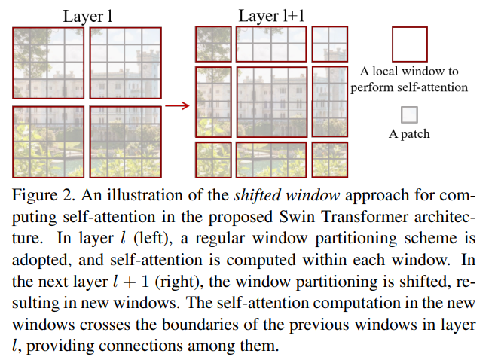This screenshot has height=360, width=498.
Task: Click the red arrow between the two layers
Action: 176,105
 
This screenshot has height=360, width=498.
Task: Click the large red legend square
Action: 410,44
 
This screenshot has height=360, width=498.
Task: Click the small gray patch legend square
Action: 409,114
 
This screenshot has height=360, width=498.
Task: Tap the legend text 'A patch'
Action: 409,134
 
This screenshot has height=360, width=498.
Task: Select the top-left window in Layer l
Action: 47,64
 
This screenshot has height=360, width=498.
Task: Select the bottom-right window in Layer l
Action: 125,141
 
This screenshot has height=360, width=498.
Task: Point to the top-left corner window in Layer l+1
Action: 213,44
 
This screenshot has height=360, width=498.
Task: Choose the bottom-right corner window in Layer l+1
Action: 329,158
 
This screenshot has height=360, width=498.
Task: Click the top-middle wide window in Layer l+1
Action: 271,44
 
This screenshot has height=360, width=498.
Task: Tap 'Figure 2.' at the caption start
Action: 44,196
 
